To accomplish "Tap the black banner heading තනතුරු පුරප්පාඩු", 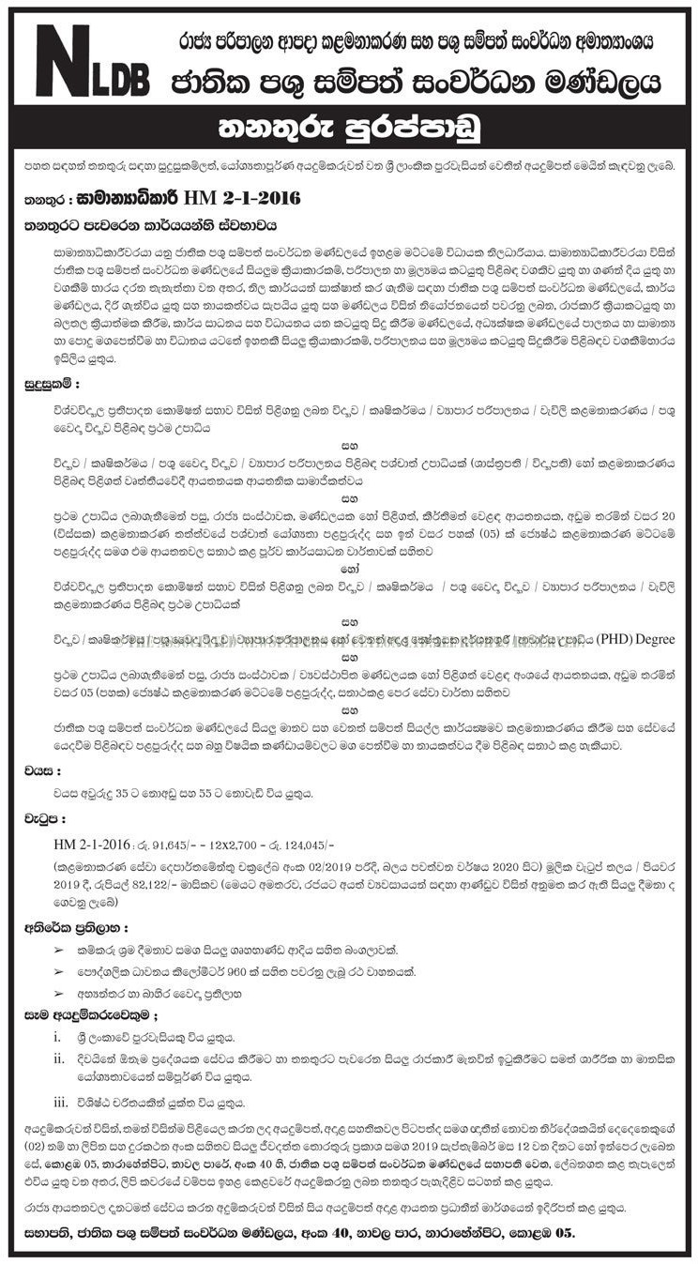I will point(348,129).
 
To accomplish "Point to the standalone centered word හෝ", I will point(349,568).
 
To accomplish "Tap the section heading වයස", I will point(42,773).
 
